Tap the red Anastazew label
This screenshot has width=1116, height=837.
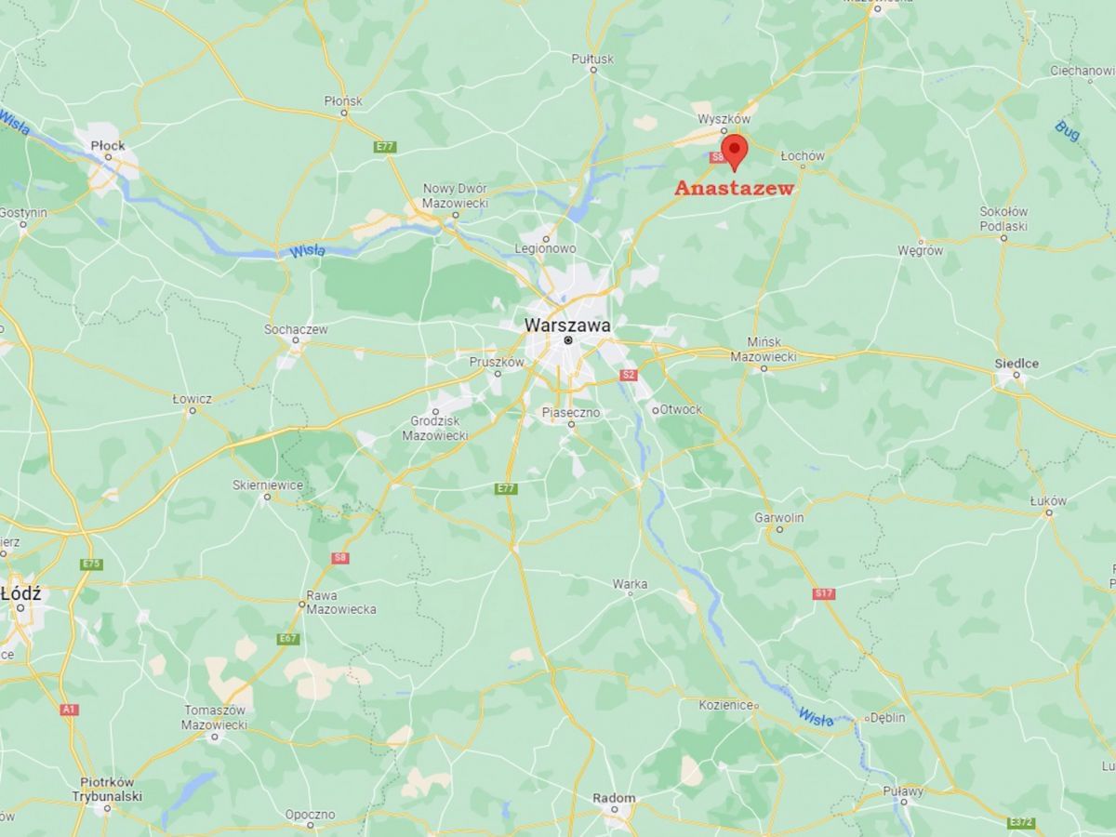point(734,188)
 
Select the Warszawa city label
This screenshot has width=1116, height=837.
point(567,325)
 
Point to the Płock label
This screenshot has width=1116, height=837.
point(108,145)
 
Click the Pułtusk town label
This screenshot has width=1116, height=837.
point(592,60)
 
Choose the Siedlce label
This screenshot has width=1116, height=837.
point(1016,364)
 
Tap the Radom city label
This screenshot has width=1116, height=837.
point(614,798)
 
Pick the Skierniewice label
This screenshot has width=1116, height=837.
point(267,485)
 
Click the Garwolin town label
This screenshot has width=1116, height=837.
point(779,517)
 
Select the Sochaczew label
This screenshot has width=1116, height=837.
point(296,329)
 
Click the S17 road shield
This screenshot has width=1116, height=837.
point(823,593)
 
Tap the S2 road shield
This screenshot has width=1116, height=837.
point(629,375)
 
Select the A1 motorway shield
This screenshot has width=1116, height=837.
point(69,710)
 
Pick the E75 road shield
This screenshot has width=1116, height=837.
point(91,565)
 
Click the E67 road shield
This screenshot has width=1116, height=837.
point(288,639)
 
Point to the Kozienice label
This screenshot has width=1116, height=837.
point(725,706)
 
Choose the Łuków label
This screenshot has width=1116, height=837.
point(1048,500)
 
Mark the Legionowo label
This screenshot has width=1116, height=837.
point(546,248)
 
